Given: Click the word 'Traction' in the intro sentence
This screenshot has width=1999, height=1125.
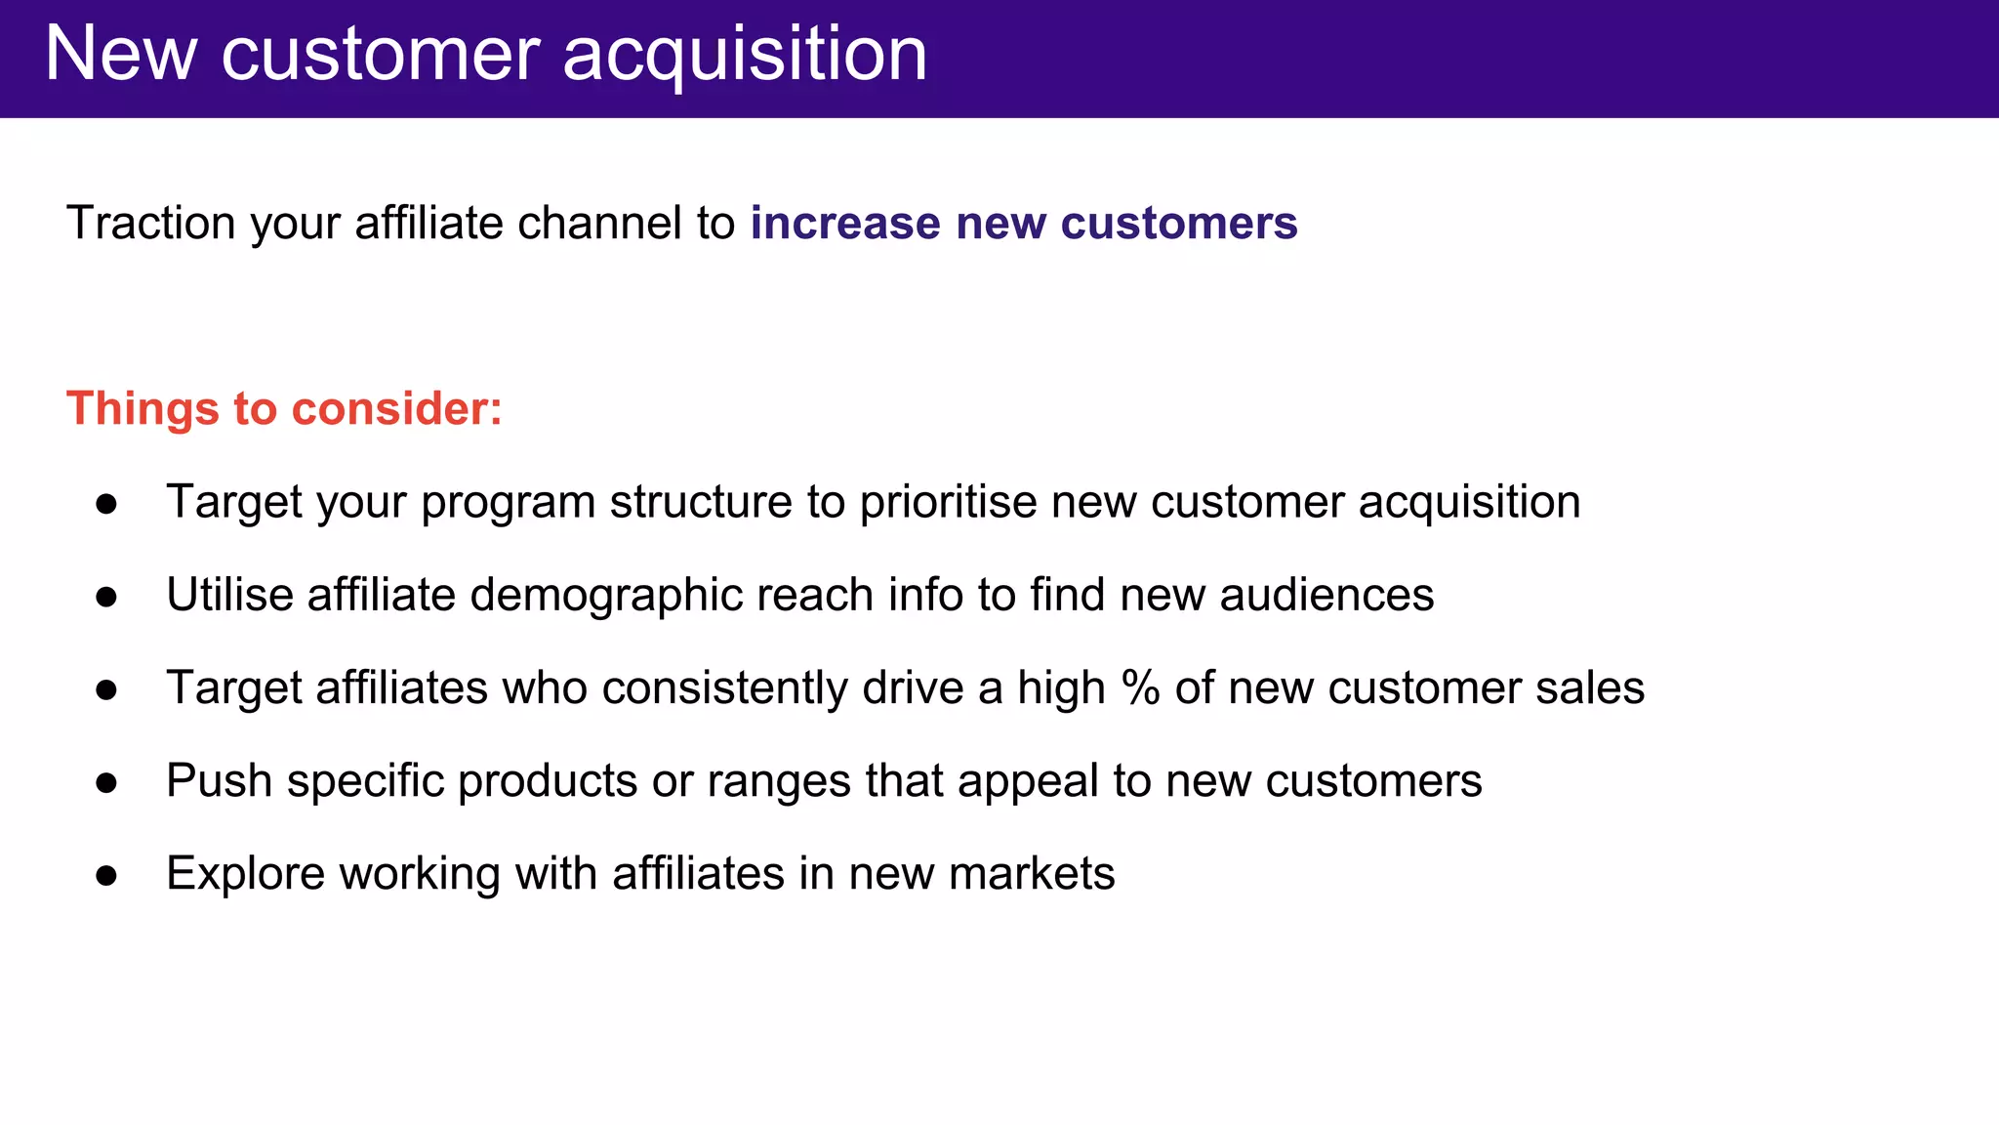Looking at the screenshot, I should click(151, 223).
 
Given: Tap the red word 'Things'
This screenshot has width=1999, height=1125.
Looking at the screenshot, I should click(143, 408).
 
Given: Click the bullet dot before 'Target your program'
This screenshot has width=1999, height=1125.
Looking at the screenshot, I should click(106, 504).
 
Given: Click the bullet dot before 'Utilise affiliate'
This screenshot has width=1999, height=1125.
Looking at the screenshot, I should click(106, 597).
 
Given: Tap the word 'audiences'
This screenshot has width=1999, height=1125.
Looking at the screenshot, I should click(1326, 595).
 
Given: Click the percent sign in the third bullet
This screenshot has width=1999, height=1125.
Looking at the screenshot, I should click(1140, 687).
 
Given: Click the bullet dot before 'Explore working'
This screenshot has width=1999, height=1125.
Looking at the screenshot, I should click(106, 876).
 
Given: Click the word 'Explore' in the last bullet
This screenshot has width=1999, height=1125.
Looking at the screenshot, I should click(245, 874).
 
